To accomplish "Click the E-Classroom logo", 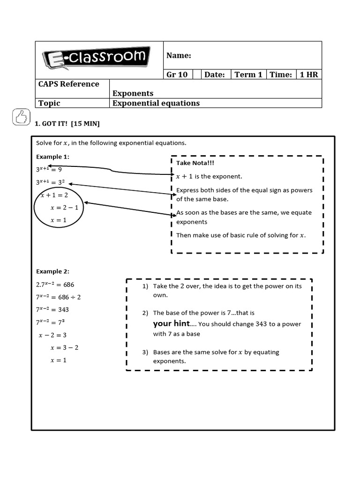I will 96,58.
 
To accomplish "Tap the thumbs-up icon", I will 21,117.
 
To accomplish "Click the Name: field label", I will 179,56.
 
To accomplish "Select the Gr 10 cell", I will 177,75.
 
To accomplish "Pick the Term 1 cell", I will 248,75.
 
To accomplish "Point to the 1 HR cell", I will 308,75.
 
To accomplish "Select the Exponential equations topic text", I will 156,103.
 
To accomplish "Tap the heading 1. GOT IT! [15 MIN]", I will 67,124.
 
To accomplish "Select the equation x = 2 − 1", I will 64,207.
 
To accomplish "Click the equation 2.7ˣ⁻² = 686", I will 55,285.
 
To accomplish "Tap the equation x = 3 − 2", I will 64,347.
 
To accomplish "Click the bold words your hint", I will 171,323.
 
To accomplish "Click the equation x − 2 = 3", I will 52,335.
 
